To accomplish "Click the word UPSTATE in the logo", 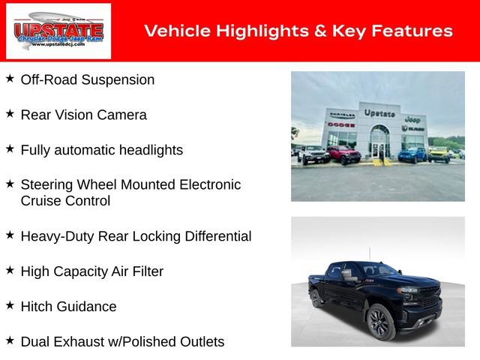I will pos(58,31).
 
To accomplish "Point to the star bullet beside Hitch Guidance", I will pos(10,305).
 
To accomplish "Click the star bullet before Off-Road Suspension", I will pos(10,78).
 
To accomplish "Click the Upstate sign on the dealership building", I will pos(379,112).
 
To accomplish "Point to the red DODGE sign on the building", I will pos(341,124).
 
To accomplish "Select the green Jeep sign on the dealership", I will pos(412,118).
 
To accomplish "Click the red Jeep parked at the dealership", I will pos(343,154).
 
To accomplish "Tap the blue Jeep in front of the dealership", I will pos(411,154).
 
